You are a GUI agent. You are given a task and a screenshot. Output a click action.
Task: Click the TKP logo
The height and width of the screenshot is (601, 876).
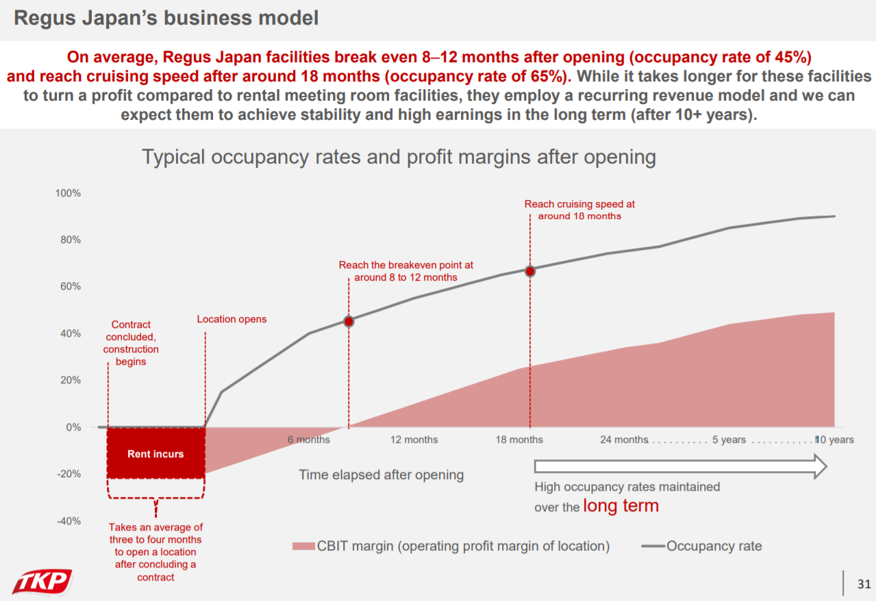(41, 582)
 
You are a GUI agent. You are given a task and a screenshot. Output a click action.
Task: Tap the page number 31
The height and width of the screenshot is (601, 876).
(864, 584)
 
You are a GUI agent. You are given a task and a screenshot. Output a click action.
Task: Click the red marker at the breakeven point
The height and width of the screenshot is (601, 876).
(349, 321)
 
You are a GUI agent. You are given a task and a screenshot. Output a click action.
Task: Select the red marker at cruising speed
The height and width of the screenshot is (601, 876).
(529, 271)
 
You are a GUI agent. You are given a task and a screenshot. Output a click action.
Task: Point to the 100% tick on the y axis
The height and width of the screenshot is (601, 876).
(68, 193)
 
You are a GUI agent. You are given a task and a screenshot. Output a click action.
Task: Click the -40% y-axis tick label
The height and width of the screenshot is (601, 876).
(68, 521)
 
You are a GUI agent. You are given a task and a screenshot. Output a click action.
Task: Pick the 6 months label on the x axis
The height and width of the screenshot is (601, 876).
(308, 439)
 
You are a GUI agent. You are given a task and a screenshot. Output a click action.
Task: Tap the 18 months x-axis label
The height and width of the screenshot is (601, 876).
(519, 439)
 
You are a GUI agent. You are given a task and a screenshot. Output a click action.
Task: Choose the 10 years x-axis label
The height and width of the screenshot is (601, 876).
(834, 439)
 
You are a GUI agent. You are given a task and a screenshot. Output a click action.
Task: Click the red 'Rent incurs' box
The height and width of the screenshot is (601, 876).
(155, 453)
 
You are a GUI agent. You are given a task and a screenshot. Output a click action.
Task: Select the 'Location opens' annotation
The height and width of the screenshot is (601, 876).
(231, 319)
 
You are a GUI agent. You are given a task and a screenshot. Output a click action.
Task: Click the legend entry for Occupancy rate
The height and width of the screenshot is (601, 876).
(713, 546)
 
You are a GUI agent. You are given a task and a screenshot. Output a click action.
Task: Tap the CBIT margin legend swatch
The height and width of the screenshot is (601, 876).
(303, 546)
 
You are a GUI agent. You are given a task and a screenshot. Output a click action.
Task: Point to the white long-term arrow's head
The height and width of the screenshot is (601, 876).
(819, 467)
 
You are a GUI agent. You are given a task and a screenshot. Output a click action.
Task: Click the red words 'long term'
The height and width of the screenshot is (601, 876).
(621, 506)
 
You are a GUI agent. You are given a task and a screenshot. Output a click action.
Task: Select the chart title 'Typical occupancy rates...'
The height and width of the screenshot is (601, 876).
(399, 157)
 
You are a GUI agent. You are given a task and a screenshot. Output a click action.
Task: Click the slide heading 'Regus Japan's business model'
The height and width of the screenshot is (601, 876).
(166, 17)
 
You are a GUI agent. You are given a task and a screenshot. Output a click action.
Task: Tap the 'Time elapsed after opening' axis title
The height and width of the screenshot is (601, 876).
(381, 474)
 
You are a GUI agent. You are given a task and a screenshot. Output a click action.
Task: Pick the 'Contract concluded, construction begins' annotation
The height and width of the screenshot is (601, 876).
(131, 343)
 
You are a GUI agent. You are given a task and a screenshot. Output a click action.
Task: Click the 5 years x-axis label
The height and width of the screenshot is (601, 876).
(729, 439)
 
